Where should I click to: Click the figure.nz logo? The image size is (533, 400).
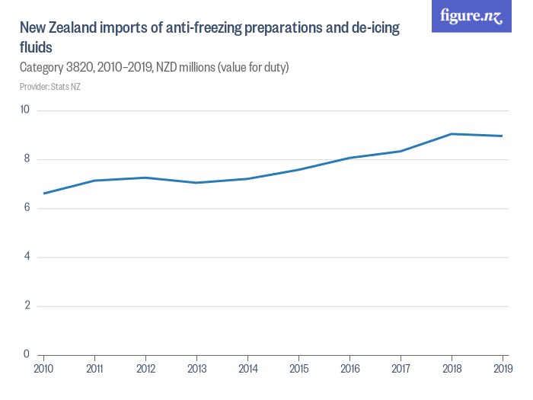click(471, 17)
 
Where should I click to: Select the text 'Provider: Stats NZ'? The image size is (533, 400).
click(49, 86)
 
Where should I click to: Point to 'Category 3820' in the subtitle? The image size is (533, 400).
click(54, 68)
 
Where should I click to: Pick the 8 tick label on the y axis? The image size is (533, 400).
click(26, 159)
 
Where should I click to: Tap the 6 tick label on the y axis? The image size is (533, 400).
click(26, 208)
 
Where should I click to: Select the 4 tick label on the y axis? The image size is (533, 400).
click(26, 257)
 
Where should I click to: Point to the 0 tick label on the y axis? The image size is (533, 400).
click(26, 354)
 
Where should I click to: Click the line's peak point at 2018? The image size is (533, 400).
click(452, 134)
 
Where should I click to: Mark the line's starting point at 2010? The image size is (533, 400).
click(43, 194)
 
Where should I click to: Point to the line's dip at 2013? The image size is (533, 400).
click(196, 183)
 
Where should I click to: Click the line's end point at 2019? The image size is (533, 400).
click(503, 136)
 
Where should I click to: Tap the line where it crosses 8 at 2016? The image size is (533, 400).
click(349, 158)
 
